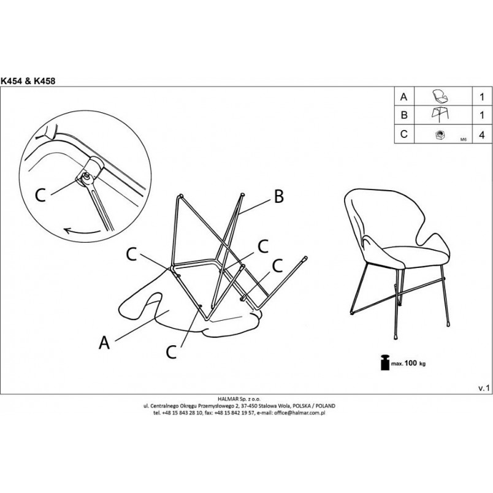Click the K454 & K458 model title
[28, 81]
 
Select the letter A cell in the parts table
[404, 96]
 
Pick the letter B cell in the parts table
[404, 115]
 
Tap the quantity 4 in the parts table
[482, 135]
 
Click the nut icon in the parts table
[439, 135]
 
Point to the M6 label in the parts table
[463, 139]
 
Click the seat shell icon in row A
[440, 96]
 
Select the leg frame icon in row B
[440, 115]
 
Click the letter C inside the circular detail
[40, 195]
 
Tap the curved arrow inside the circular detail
[82, 232]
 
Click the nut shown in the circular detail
[86, 177]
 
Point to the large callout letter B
[279, 196]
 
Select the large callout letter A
[104, 342]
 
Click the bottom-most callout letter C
[171, 352]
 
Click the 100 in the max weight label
[411, 363]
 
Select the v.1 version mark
[484, 388]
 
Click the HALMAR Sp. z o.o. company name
[239, 399]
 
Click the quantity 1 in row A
[482, 96]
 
